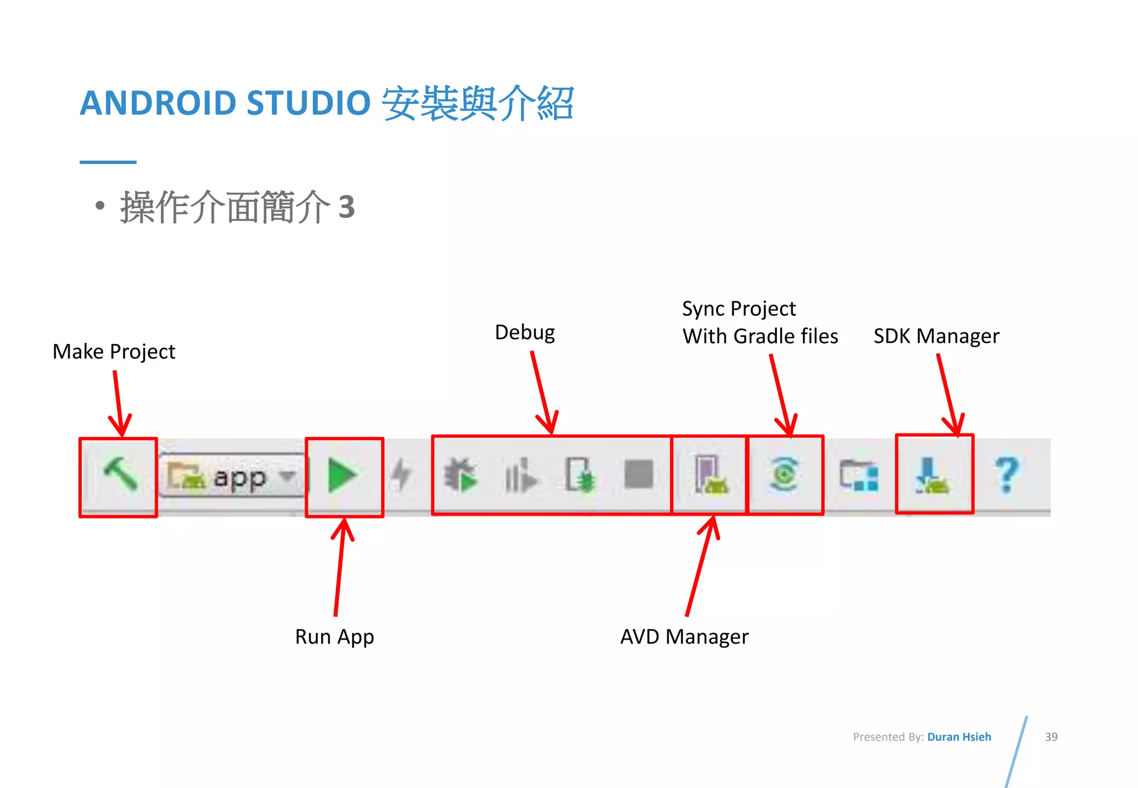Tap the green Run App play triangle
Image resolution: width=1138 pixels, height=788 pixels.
pos(342,476)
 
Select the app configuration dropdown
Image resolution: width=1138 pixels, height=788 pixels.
pos(232,476)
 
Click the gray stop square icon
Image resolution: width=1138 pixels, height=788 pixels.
pos(638,474)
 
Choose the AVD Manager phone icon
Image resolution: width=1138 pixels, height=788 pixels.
pos(710,475)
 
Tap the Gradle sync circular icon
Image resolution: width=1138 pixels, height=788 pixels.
pos(784,474)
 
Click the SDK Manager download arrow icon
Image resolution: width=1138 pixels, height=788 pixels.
pos(932,476)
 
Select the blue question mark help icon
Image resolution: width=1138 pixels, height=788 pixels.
pos(1007,475)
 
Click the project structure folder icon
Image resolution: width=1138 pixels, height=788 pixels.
pos(859,475)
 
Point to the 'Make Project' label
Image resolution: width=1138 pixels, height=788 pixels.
pos(114,352)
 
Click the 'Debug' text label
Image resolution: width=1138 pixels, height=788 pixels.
pos(525,332)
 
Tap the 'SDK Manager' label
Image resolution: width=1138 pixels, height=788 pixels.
pos(936,336)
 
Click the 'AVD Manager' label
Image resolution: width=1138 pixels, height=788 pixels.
pos(684,637)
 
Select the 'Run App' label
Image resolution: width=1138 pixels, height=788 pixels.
pos(335,637)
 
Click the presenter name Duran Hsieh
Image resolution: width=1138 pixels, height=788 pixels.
pos(959,737)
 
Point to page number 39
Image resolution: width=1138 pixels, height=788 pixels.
pos(1051,737)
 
